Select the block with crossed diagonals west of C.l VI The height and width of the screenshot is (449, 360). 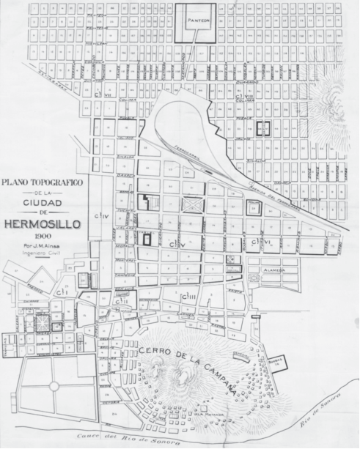pos(192,204)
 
